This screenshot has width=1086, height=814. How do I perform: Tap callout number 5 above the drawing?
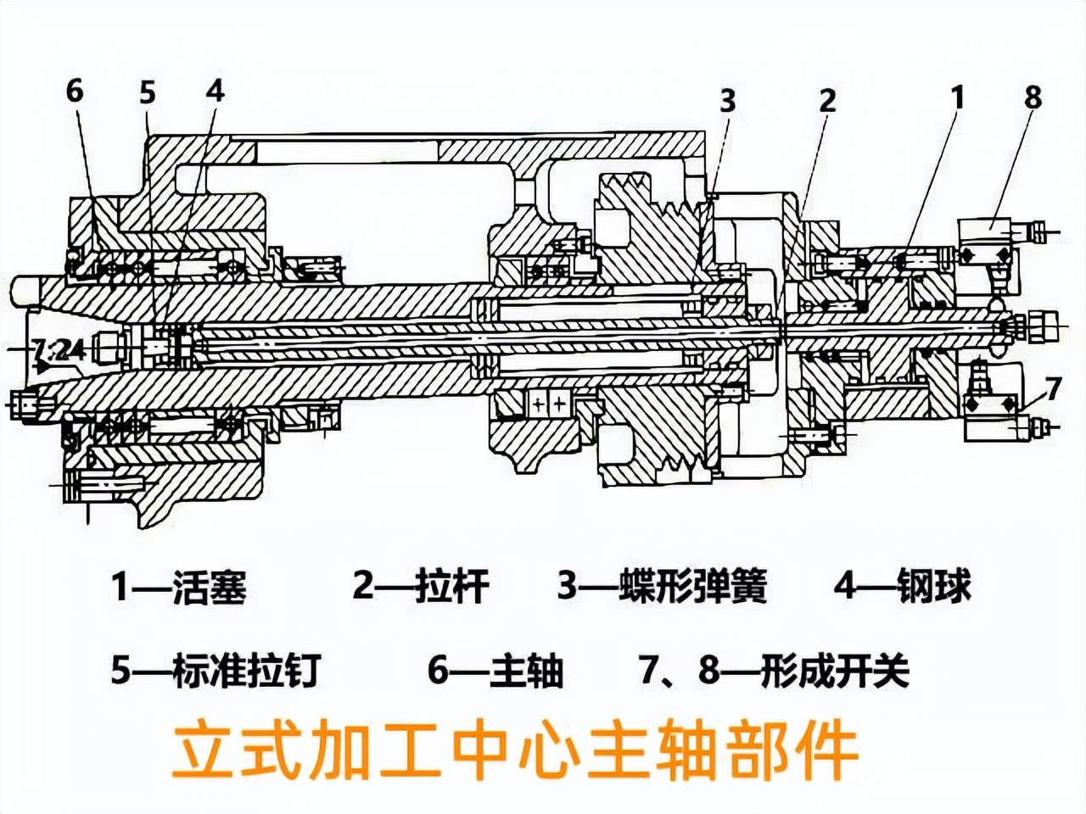coord(148,92)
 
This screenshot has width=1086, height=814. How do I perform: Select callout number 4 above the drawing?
coord(216,91)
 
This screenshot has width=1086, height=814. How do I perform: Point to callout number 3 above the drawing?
coord(728,100)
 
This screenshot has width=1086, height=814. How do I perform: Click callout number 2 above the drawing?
coord(827,100)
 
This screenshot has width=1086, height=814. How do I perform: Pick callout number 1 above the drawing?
coord(958,98)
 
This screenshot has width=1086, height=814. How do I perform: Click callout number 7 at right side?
coord(1053,388)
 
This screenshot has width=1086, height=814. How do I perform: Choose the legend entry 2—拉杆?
coord(421,586)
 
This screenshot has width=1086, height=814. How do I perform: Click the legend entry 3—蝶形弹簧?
coord(662,586)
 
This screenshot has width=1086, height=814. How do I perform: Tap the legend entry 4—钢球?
coord(902,586)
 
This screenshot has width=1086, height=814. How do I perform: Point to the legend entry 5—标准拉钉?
coord(216,671)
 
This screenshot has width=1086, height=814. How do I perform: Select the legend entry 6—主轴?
coord(495,671)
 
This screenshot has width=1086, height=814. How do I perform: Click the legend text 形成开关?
coord(836,671)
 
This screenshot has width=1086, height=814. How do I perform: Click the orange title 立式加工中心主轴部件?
coord(515,750)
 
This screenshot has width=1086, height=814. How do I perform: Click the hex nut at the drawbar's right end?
coord(1042,325)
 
